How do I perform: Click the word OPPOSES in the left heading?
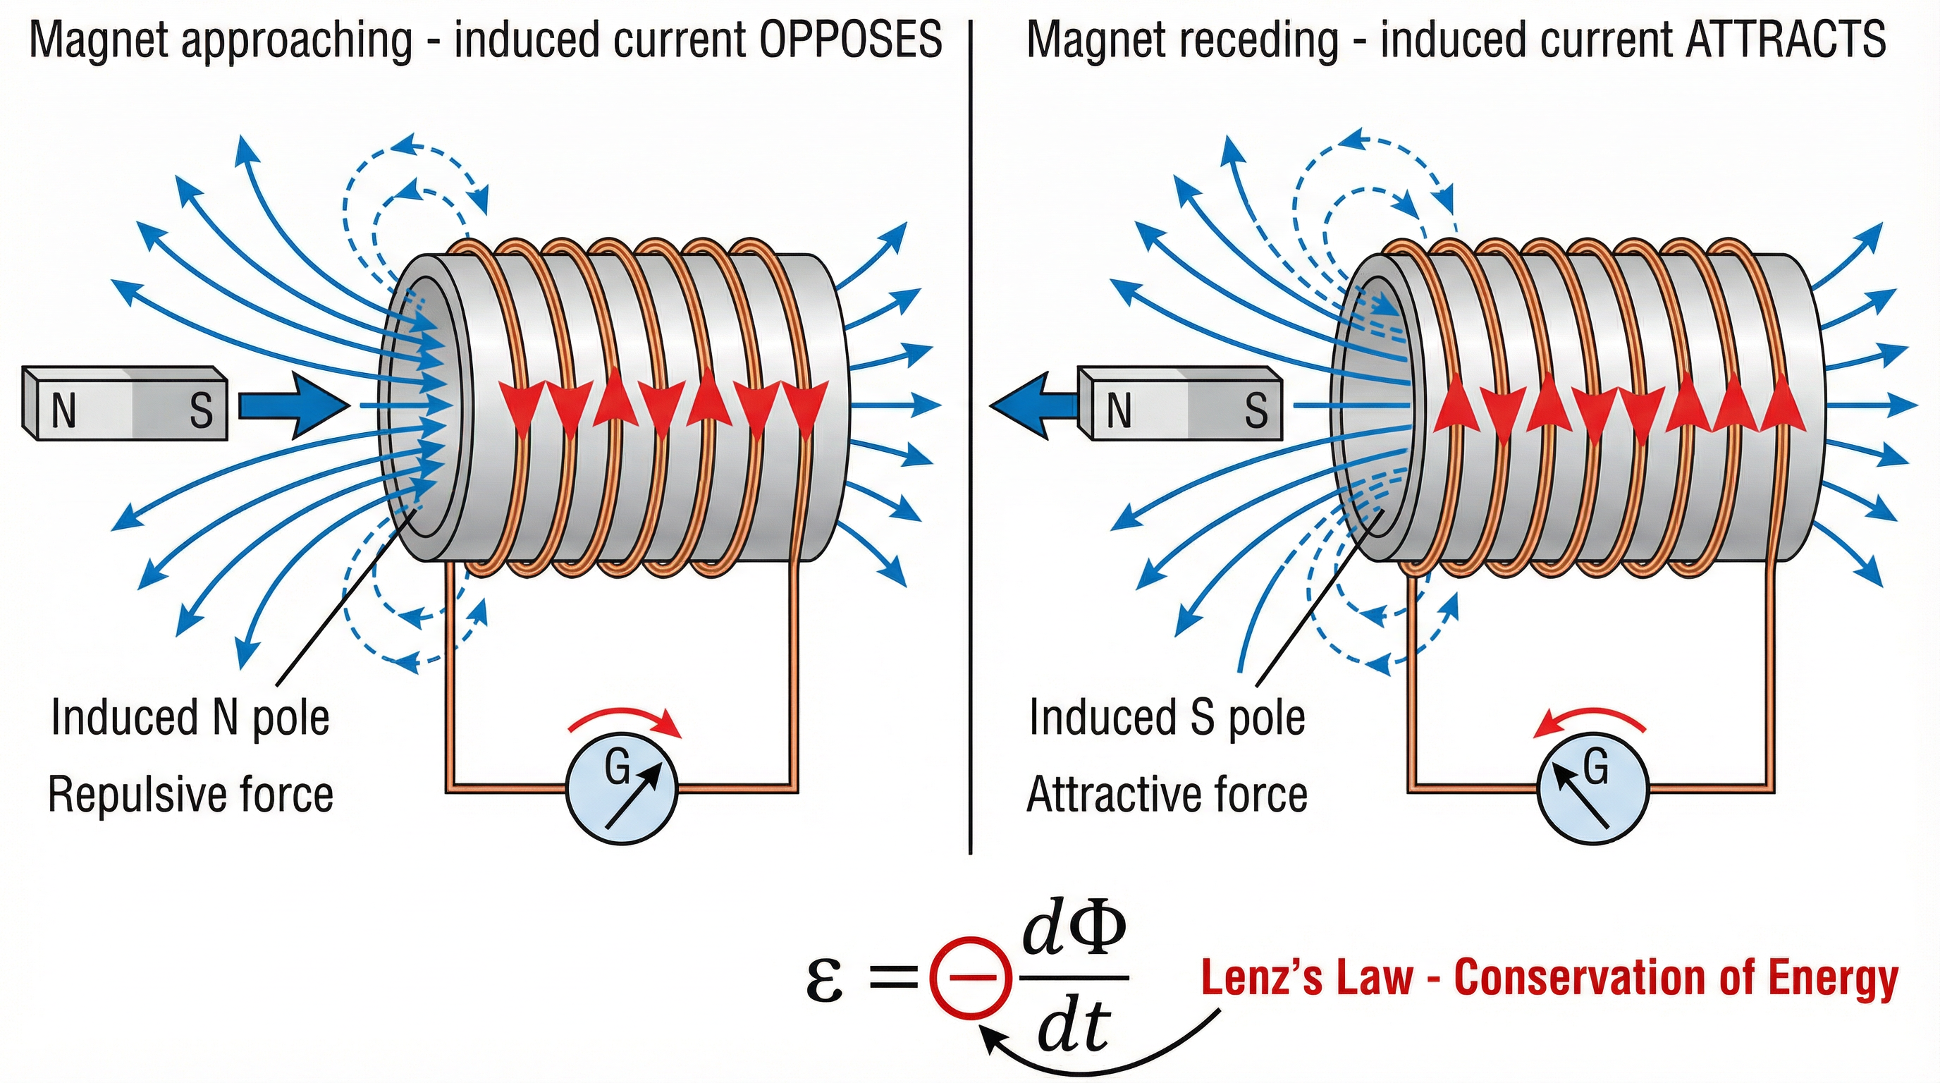point(850,39)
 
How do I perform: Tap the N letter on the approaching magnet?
point(63,411)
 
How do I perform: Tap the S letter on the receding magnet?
point(1256,411)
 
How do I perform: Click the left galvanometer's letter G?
point(617,769)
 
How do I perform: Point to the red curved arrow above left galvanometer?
point(625,721)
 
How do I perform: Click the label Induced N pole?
point(190,718)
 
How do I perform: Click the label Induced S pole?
point(1167,718)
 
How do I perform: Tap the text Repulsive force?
point(190,795)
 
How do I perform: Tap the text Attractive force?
point(1167,795)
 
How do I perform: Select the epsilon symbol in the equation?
point(824,981)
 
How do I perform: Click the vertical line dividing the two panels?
point(971,437)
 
